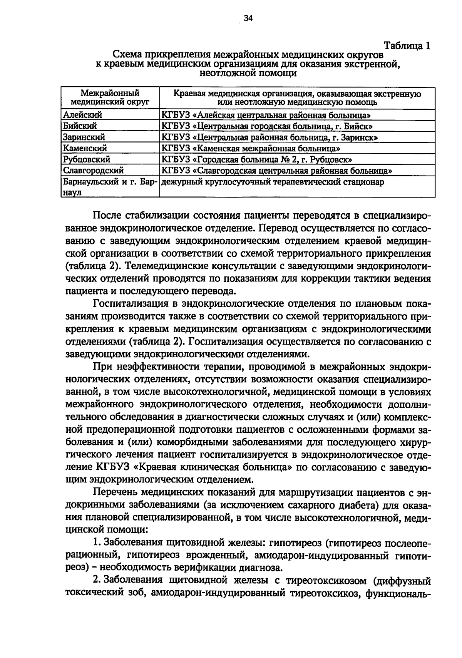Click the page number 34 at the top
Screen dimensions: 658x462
(248, 18)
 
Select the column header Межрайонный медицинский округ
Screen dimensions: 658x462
(110, 98)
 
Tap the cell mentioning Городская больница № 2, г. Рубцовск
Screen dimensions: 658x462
(257, 159)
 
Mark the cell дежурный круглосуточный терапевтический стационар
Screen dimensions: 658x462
(272, 182)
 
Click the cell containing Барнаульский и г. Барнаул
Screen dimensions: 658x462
(110, 188)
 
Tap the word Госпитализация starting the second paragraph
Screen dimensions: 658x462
(131, 304)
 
